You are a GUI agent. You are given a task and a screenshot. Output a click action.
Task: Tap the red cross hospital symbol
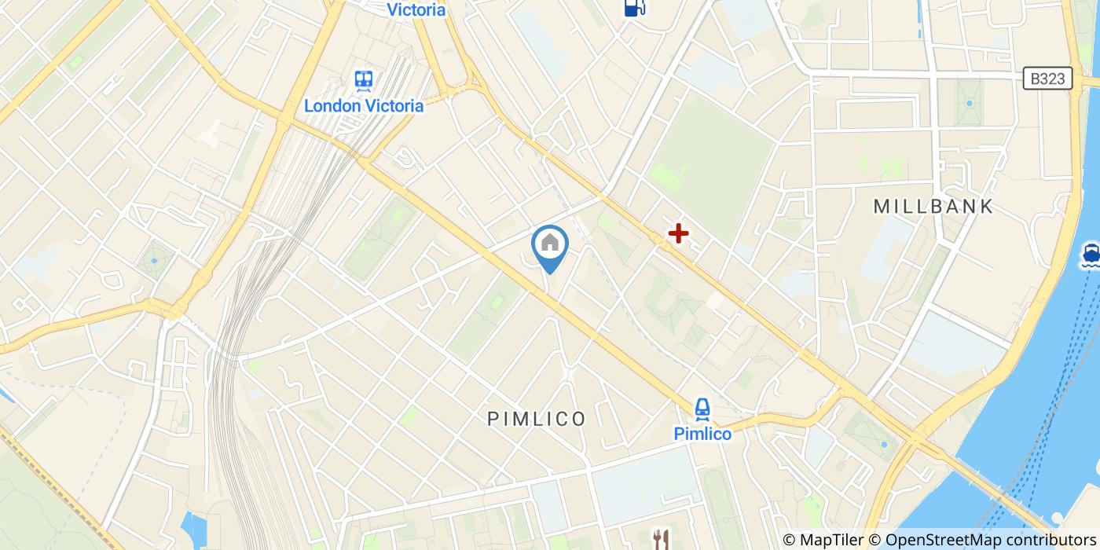(678, 233)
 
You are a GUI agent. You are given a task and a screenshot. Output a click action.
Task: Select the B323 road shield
(1048, 78)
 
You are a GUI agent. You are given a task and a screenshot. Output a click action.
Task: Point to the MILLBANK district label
(933, 207)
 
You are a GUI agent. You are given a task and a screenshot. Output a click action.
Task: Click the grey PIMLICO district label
(537, 419)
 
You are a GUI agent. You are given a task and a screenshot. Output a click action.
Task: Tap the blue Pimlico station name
(702, 434)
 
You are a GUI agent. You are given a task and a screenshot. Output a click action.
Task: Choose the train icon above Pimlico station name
(702, 408)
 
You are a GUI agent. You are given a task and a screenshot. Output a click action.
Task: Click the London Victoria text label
(364, 105)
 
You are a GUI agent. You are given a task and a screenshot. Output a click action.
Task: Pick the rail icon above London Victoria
(363, 80)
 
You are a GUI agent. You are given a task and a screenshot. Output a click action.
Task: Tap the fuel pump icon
(634, 7)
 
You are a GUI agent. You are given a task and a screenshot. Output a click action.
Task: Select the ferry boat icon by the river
(1090, 254)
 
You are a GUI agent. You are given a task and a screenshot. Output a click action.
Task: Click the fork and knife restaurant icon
(661, 538)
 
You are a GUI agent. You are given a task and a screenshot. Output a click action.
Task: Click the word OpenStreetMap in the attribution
(937, 540)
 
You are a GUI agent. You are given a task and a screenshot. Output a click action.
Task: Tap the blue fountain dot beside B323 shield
(970, 103)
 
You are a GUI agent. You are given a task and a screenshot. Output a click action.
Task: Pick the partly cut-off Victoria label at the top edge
(416, 9)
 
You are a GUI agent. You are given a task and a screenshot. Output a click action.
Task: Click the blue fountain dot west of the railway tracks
(154, 259)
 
